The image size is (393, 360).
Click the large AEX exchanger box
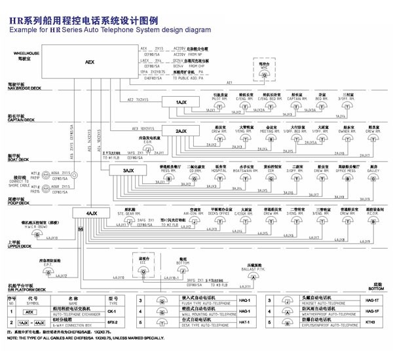(90, 62)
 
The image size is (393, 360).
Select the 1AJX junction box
(181, 103)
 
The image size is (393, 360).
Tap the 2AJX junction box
(181, 132)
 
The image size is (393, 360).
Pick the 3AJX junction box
(129, 171)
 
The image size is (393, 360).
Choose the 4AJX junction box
(92, 213)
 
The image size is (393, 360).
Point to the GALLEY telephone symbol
(374, 179)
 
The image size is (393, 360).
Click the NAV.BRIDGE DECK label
(24, 88)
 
